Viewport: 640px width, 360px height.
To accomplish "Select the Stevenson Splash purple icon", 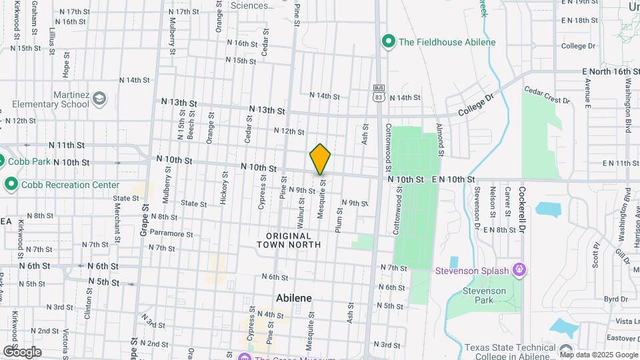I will pos(520,270).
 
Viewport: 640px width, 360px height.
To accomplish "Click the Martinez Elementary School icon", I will pos(99,99).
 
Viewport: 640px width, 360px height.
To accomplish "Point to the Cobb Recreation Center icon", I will pos(11,184).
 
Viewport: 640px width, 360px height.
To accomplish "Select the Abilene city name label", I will pos(294,298).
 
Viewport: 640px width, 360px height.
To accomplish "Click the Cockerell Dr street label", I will pos(523,213).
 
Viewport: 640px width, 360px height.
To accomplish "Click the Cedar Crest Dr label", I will pos(547,95).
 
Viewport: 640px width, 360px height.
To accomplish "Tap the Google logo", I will pos(22,351).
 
